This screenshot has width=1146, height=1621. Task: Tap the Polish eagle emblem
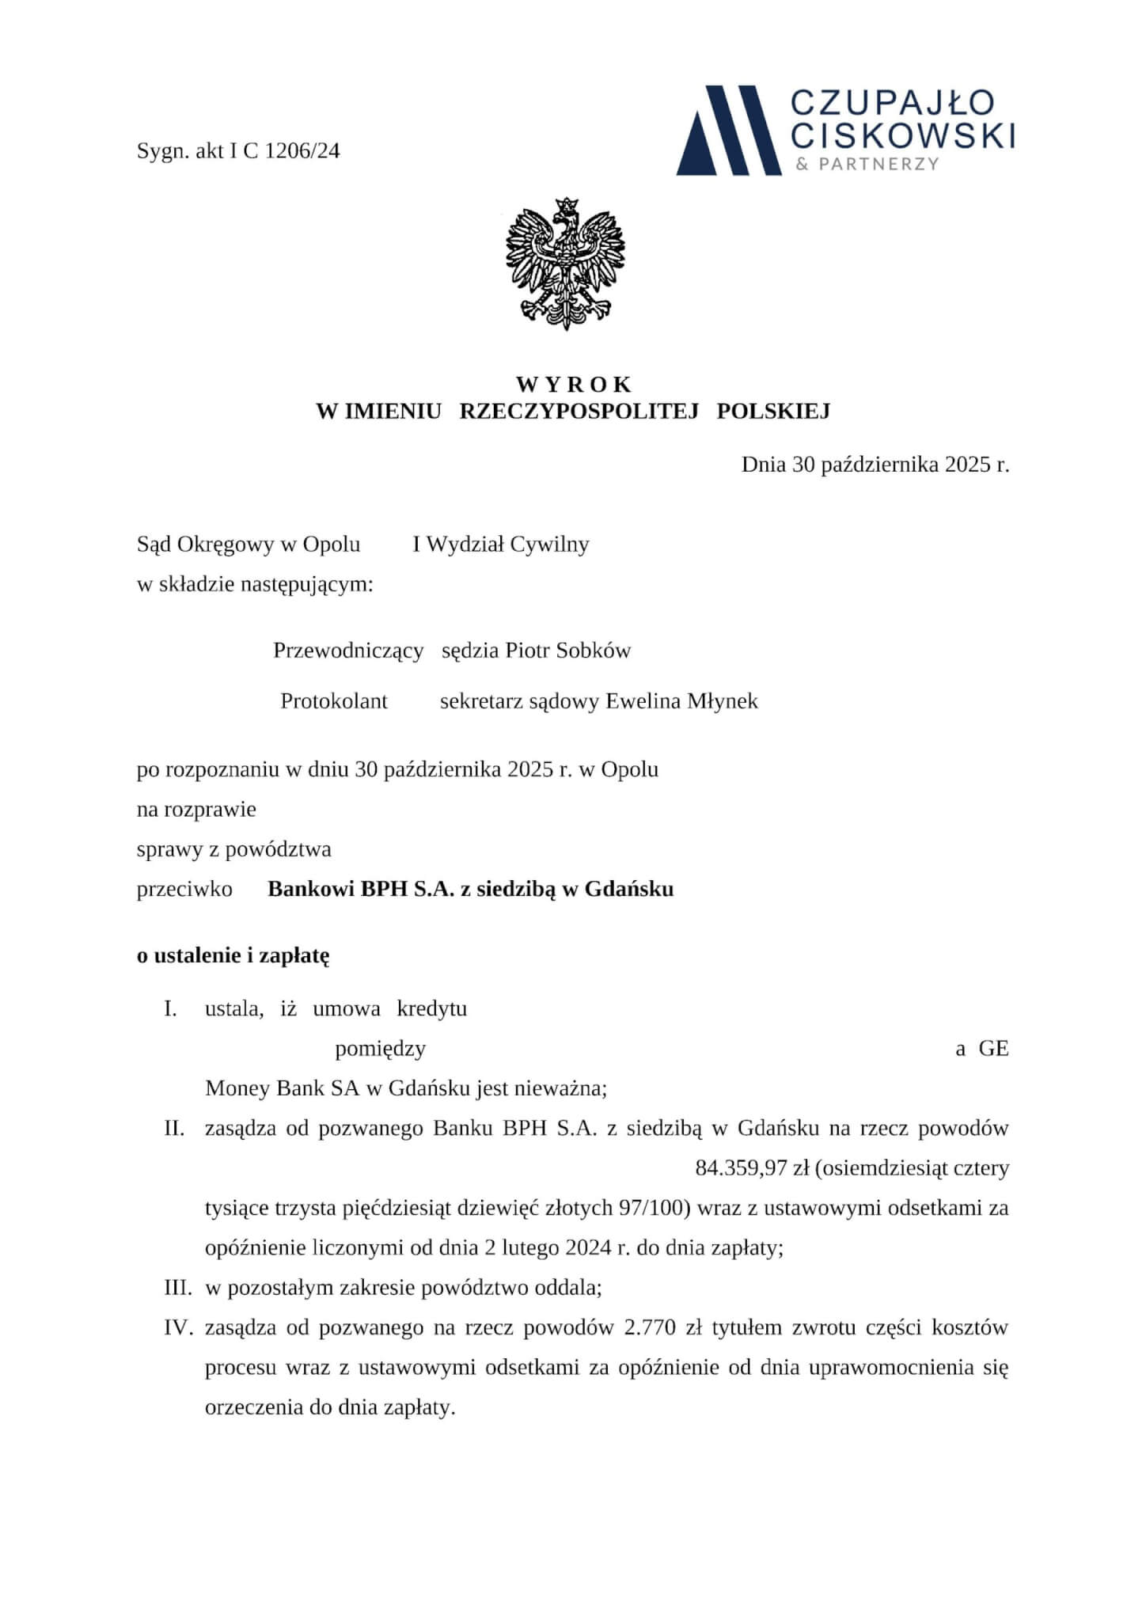pos(565,264)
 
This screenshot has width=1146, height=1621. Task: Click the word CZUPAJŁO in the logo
pos(894,103)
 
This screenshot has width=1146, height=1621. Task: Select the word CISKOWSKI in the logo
pos(903,135)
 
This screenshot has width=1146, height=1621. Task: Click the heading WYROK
pos(574,385)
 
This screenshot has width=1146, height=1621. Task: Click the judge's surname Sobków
pos(594,651)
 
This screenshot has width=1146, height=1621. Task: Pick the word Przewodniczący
pos(348,651)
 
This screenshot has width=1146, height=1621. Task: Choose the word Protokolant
pos(334,701)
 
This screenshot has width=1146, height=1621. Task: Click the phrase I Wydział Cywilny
pos(501,545)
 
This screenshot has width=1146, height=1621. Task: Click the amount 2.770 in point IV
pos(650,1327)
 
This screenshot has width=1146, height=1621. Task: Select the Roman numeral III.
pos(178,1288)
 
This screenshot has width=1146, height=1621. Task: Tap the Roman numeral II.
pos(174,1129)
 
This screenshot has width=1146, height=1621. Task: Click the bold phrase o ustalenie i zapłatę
pos(233,955)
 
